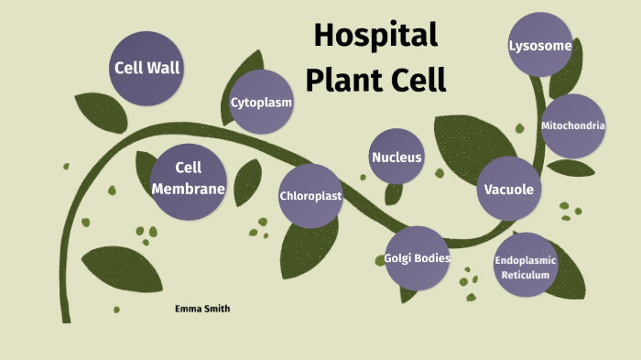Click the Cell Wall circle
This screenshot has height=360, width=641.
[146, 68]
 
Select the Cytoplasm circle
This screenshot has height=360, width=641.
[261, 103]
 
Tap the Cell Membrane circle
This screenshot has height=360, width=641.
[188, 180]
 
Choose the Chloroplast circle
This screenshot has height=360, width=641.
[310, 196]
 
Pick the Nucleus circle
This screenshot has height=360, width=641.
[397, 158]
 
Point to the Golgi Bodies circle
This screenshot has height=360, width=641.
[417, 258]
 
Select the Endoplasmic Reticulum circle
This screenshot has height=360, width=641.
[526, 267]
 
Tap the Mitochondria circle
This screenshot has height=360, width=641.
[573, 125]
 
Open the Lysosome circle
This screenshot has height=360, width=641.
[540, 45]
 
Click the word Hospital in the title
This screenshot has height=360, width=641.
[375, 36]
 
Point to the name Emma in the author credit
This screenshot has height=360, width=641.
[188, 309]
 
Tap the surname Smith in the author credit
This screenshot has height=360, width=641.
[217, 309]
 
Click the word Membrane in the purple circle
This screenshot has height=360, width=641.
[188, 190]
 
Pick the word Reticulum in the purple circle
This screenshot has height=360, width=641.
[526, 275]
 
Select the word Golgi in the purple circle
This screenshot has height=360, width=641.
[400, 258]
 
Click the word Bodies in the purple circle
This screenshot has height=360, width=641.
[432, 258]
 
